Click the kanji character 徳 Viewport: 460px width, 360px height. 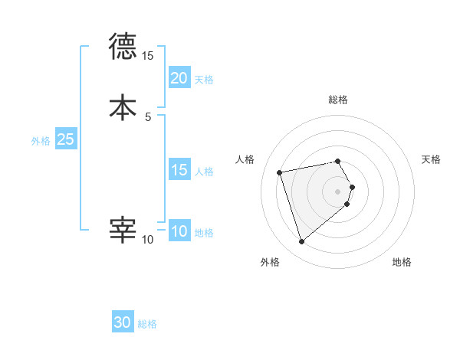(x=123, y=47)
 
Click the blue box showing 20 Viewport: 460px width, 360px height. (x=179, y=77)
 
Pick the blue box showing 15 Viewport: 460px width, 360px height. (x=179, y=170)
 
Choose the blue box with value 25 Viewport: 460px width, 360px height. (x=65, y=139)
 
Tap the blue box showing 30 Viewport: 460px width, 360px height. (x=123, y=322)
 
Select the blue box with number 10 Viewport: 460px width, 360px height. (x=179, y=231)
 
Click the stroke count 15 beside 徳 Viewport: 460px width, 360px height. (x=147, y=56)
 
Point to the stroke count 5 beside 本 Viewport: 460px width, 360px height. (x=148, y=116)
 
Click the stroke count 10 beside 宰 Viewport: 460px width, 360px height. (x=147, y=240)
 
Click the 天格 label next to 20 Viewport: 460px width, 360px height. (x=204, y=79)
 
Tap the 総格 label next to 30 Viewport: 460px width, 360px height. (x=147, y=324)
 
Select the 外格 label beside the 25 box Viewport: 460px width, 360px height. (x=40, y=141)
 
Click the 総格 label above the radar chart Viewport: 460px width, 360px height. (x=338, y=100)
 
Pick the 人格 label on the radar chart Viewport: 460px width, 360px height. (x=245, y=159)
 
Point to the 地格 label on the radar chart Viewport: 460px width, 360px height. (x=402, y=262)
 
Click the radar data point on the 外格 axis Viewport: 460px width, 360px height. (x=302, y=242)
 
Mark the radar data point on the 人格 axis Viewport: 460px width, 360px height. (x=280, y=172)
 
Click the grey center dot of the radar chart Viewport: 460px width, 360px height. (x=338, y=190)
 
